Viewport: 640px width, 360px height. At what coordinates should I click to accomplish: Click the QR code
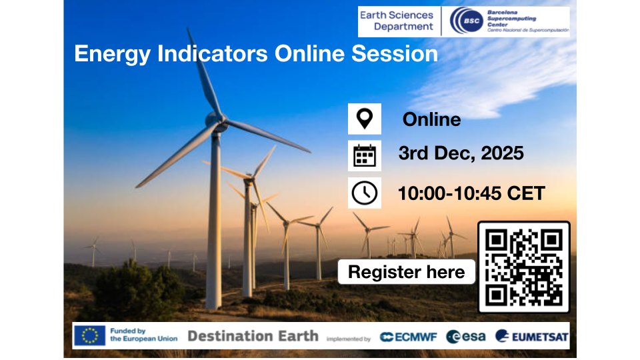tap(524, 267)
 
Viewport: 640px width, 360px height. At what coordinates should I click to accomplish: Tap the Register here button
tap(406, 272)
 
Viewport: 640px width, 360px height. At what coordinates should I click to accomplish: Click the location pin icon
tap(365, 119)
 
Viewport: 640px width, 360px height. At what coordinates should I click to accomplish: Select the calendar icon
tap(365, 155)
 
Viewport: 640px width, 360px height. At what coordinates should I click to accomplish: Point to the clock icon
tap(365, 193)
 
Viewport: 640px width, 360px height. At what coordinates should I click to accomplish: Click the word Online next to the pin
tap(431, 119)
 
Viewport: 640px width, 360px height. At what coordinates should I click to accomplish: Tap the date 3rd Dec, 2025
tap(461, 153)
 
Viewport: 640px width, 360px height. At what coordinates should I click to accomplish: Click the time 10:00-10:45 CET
tap(471, 193)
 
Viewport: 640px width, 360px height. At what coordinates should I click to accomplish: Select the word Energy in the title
tap(109, 53)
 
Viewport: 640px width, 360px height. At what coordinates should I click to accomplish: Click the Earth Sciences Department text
tap(396, 21)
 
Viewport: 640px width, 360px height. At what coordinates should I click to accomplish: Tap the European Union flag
tap(89, 335)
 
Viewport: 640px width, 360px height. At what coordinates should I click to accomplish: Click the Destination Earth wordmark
tap(253, 335)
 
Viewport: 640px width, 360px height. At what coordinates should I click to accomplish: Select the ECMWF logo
tap(408, 337)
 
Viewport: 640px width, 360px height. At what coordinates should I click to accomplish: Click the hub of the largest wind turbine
tap(216, 122)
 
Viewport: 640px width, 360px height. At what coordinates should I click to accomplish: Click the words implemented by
tap(348, 339)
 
